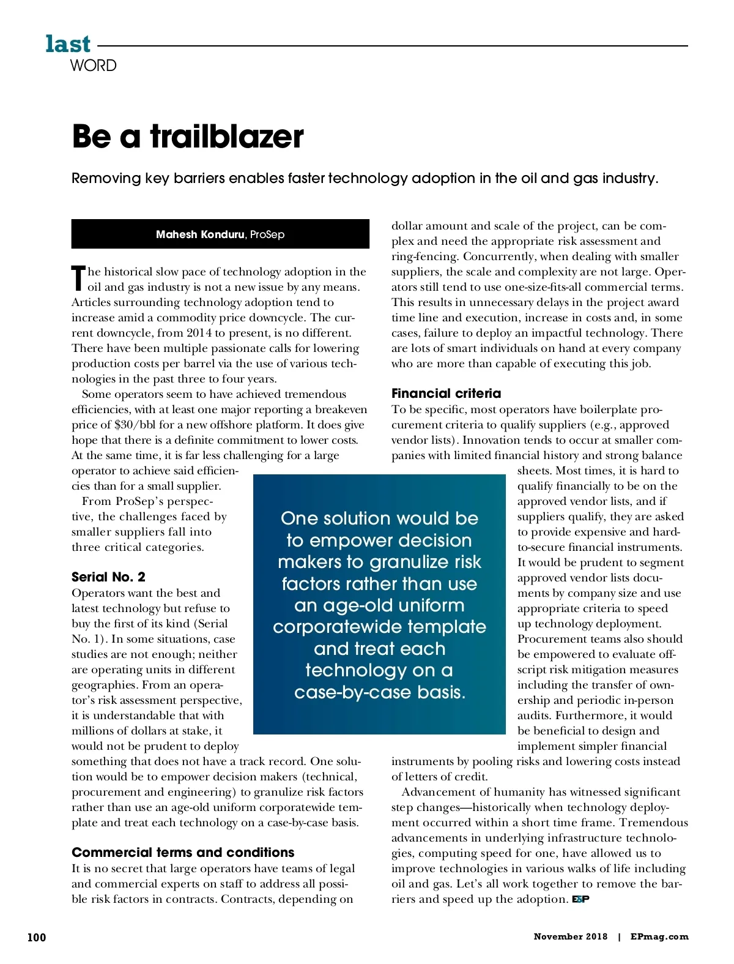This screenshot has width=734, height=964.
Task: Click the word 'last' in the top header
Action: tap(68, 44)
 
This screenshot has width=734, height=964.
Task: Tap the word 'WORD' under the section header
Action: tap(93, 65)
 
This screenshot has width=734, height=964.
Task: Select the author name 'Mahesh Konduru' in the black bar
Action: tap(199, 234)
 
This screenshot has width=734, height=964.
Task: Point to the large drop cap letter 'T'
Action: tap(78, 278)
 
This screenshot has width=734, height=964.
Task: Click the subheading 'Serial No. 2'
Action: tap(108, 577)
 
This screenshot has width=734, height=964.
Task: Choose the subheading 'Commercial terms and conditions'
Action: tap(183, 853)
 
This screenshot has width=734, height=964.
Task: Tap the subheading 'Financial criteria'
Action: tap(446, 394)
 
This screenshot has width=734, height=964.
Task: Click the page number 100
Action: tap(37, 937)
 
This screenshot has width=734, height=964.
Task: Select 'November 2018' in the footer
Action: tap(570, 936)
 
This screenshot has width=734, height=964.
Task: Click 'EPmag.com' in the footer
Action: tap(659, 936)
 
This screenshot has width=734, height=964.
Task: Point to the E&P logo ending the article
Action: tap(580, 899)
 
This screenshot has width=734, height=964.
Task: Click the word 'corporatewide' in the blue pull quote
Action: tap(379, 627)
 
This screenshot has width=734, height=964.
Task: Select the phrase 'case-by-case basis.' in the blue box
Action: tap(379, 692)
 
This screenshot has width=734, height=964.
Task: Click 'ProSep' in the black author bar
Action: tap(267, 234)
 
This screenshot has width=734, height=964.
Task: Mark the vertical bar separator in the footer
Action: tap(619, 936)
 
